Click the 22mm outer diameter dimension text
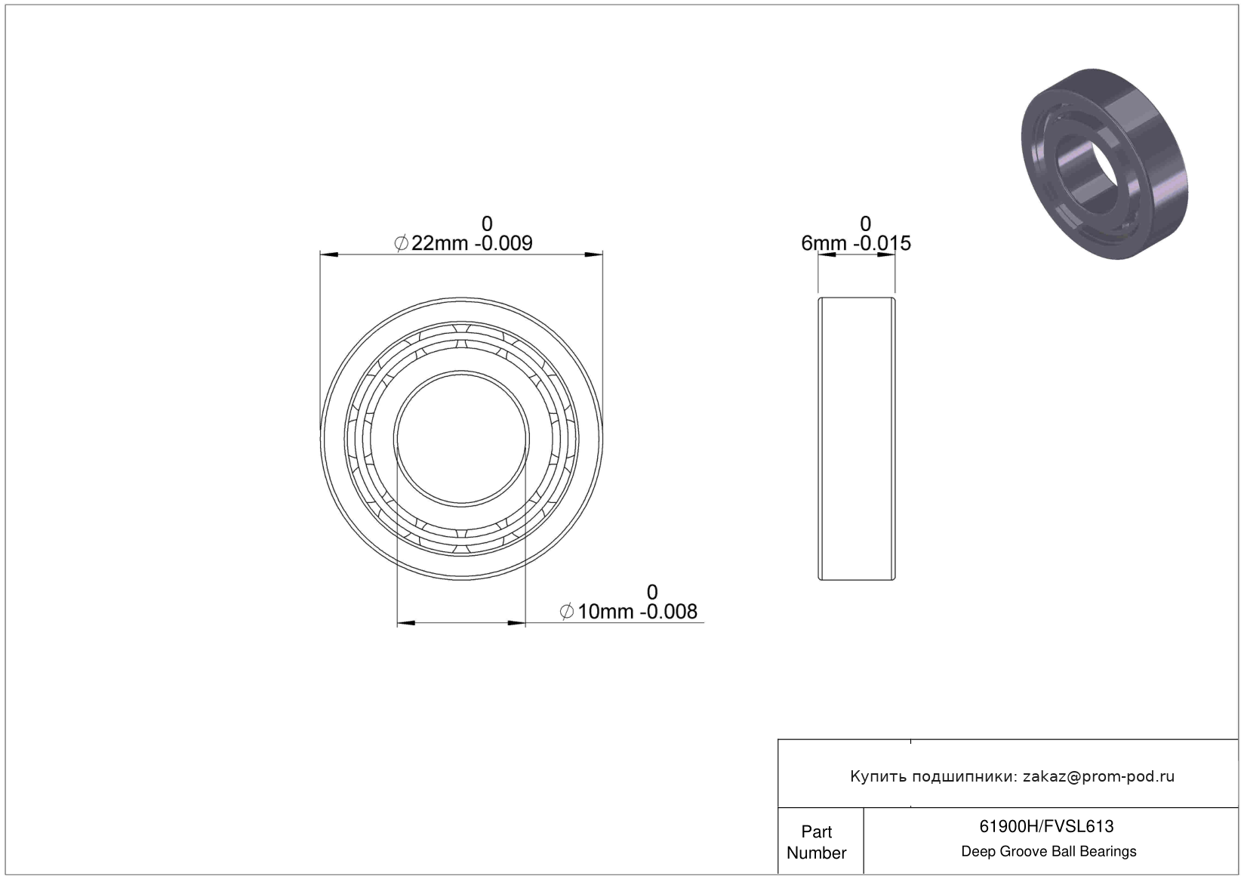[x=439, y=243]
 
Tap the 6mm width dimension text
[x=824, y=243]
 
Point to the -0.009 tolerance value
[x=503, y=243]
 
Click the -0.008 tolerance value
[x=668, y=612]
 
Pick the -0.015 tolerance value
[x=882, y=243]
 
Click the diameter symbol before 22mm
[x=401, y=243]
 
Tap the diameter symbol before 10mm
[x=566, y=612]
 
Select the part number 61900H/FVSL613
[x=1046, y=826]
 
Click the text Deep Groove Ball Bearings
[x=1048, y=851]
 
